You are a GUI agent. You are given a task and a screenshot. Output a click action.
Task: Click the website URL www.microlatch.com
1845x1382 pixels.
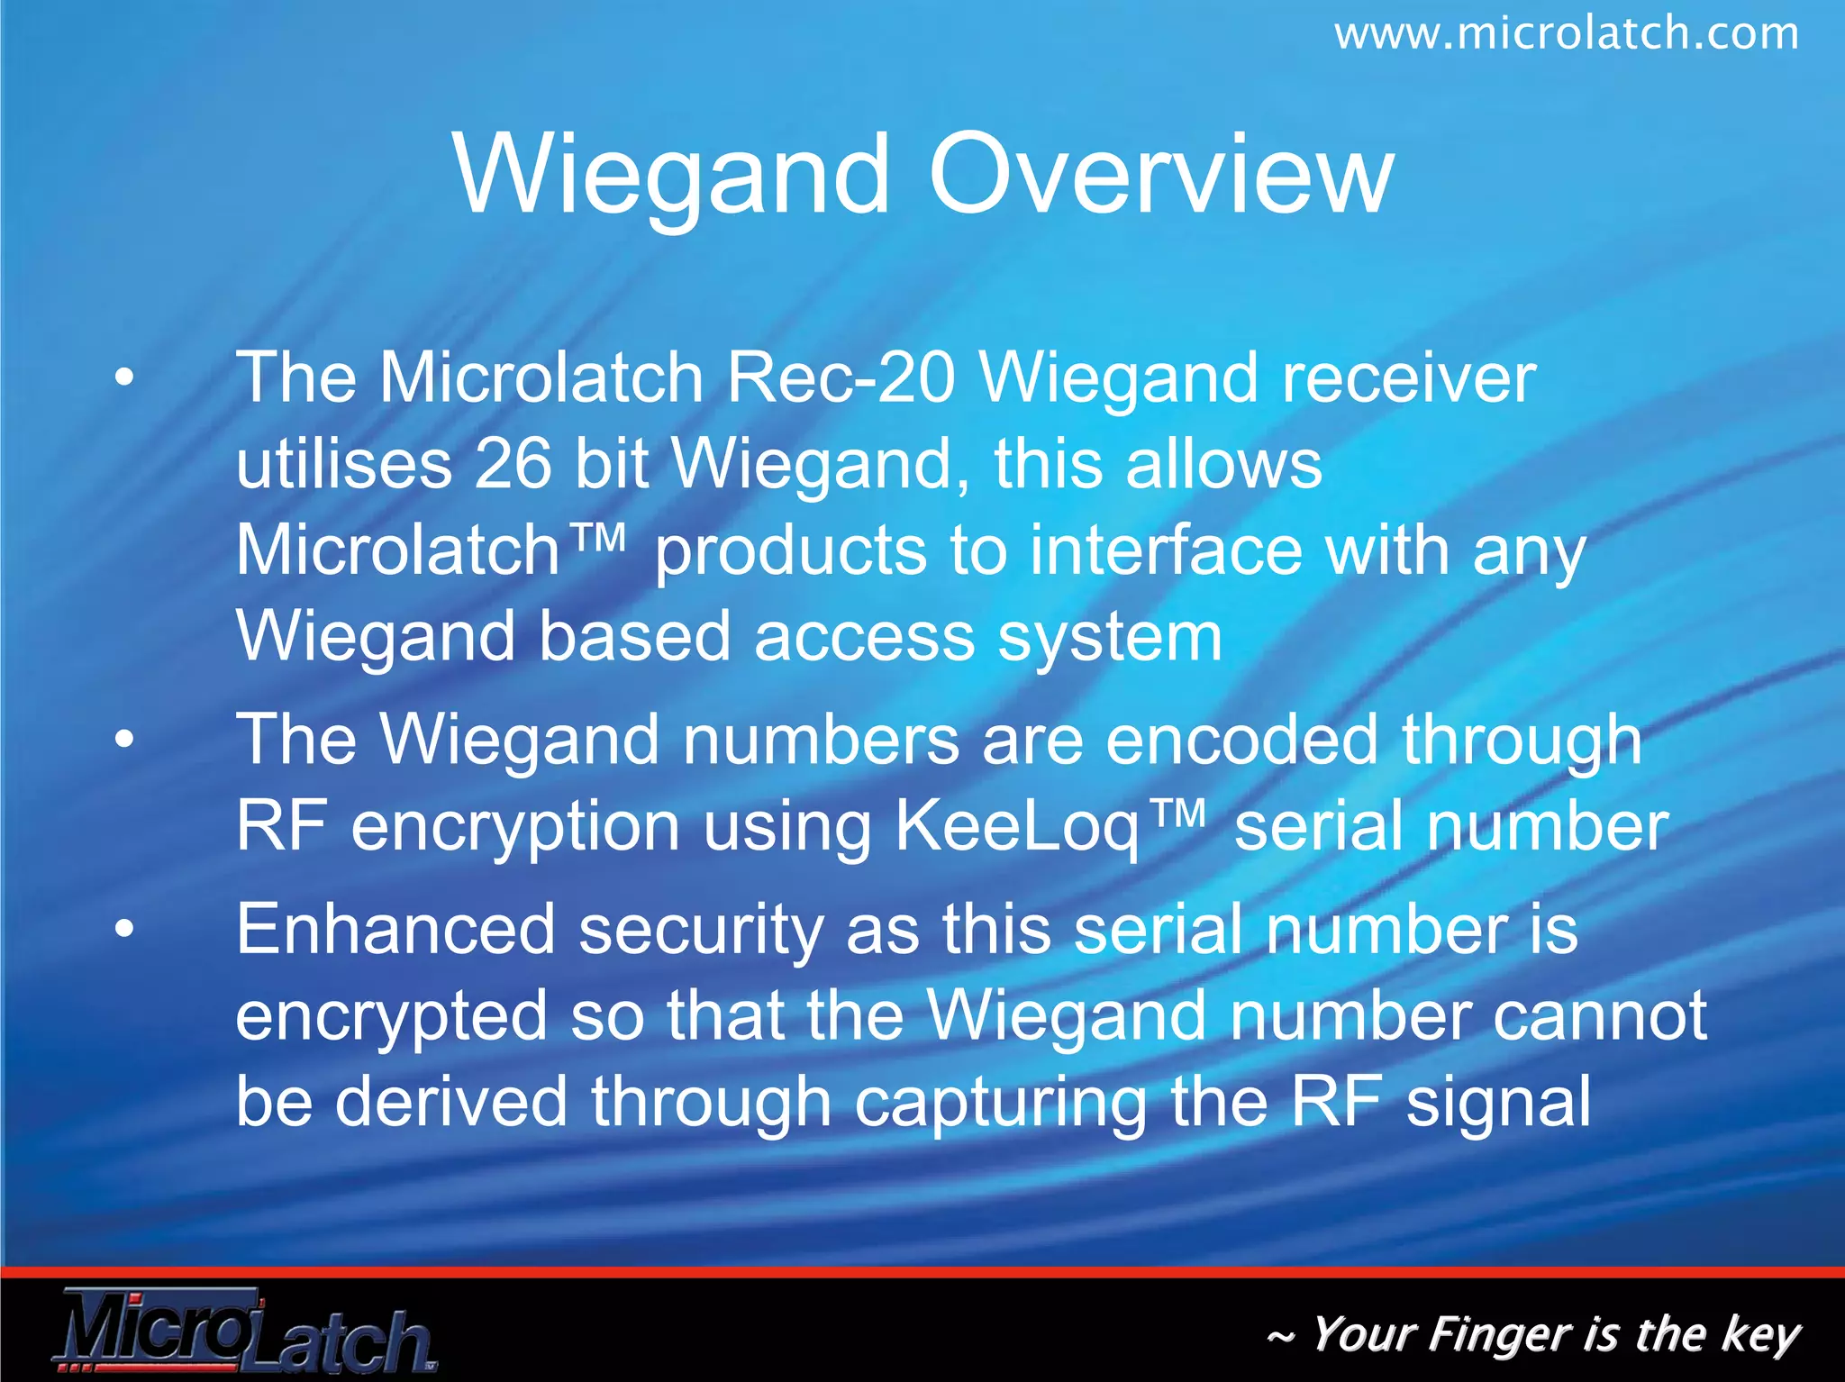click(1566, 34)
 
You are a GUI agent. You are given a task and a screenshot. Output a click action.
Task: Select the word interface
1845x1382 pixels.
click(1166, 550)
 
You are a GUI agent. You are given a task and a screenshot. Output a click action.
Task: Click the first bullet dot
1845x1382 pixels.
click(124, 377)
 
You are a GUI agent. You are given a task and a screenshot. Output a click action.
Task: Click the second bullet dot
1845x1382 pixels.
click(124, 740)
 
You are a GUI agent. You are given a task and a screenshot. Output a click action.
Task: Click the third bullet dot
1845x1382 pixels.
click(124, 930)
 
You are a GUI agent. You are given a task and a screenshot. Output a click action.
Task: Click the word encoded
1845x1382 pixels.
click(1241, 740)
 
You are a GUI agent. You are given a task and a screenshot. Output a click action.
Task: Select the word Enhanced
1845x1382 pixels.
click(395, 930)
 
